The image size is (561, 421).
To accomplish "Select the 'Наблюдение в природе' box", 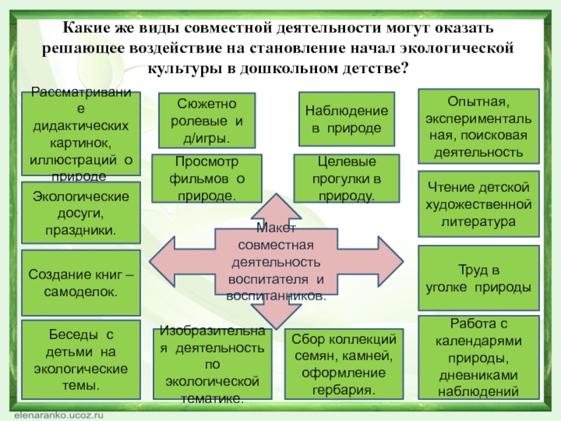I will pos(347,119).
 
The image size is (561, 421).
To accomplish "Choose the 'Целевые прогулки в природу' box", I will pos(347,180).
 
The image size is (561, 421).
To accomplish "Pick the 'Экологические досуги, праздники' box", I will pos(81,213).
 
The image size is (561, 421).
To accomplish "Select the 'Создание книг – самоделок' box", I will pos(81,282).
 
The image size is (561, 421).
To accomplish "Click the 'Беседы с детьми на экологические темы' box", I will pos(81,359).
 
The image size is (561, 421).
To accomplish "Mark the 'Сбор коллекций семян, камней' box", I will pos(347,362).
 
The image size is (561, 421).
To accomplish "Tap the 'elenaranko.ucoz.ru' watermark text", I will pos(59,415).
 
